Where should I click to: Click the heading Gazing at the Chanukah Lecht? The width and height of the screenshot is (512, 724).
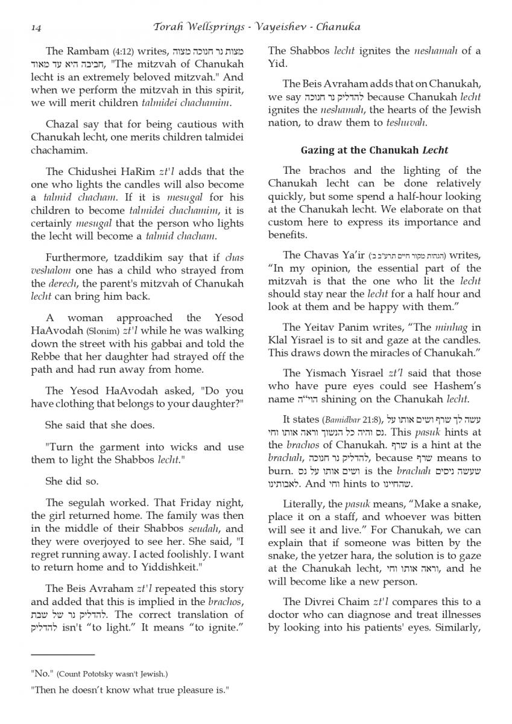(374, 150)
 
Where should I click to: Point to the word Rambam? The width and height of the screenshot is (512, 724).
(86, 51)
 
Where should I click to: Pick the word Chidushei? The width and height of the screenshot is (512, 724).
(94, 172)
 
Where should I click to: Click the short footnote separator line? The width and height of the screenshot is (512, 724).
(63, 654)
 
